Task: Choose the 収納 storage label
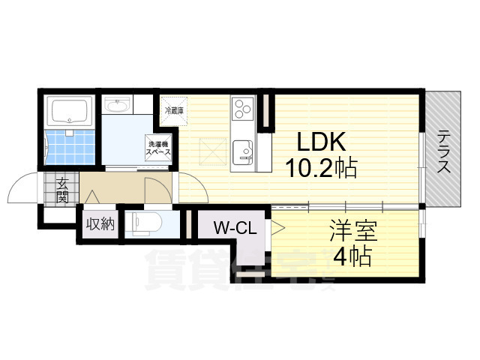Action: click(x=100, y=224)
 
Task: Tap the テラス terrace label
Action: click(x=444, y=151)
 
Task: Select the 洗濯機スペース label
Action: click(x=158, y=147)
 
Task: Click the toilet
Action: click(x=143, y=223)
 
